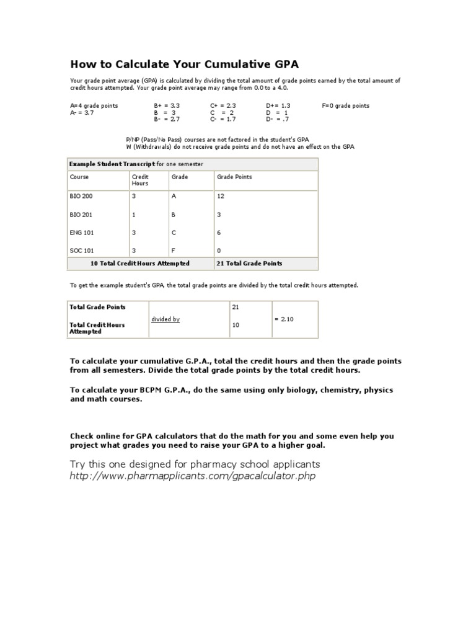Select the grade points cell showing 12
[x=220, y=196]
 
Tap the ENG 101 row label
[x=81, y=232]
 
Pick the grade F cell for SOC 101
[x=174, y=251]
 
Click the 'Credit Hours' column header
[x=140, y=180]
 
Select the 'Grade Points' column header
[x=234, y=177]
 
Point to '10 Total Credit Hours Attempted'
[x=140, y=264]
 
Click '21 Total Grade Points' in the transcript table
[x=249, y=264]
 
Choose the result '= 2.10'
[x=285, y=319]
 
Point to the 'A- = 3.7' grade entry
[x=82, y=113]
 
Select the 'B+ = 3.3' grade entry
[x=167, y=106]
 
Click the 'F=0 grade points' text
[x=345, y=106]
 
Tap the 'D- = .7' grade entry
[x=278, y=119]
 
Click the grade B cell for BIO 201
[x=174, y=214]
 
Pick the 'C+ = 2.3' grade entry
[x=223, y=106]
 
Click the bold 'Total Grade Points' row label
[x=97, y=307]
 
